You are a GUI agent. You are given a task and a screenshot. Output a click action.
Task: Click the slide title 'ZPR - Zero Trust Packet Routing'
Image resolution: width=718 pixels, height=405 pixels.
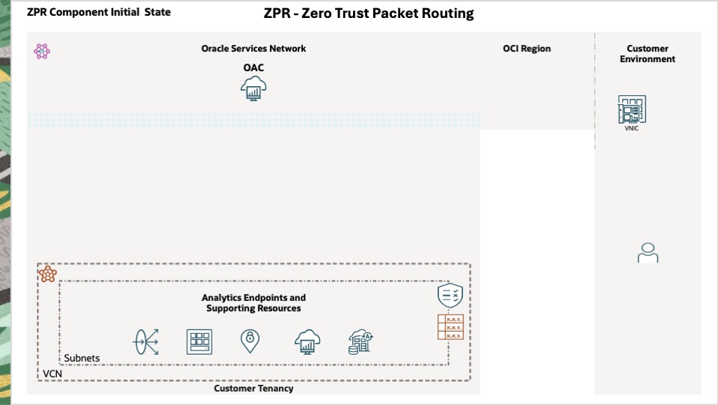tap(369, 13)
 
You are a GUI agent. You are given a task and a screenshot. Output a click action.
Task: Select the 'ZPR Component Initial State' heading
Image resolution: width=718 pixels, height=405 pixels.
tap(99, 13)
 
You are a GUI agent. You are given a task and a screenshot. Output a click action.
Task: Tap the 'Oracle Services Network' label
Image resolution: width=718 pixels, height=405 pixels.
tap(254, 49)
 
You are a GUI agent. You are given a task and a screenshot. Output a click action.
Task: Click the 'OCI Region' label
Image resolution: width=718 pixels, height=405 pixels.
tap(527, 49)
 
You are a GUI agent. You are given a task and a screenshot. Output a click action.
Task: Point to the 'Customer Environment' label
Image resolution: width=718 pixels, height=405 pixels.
tap(647, 54)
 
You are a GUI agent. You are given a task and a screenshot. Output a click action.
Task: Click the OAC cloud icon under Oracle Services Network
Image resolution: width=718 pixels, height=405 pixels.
tap(254, 90)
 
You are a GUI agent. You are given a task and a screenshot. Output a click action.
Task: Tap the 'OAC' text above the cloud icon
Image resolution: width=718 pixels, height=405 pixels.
tap(254, 68)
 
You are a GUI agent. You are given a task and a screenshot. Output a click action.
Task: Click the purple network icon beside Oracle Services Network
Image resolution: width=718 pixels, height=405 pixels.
tap(42, 52)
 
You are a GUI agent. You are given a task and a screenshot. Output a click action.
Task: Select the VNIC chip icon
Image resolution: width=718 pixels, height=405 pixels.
tap(632, 109)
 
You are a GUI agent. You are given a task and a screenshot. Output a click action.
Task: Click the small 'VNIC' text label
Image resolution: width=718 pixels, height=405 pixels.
tap(632, 128)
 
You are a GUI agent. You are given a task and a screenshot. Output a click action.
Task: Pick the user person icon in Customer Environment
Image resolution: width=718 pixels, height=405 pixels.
tap(648, 253)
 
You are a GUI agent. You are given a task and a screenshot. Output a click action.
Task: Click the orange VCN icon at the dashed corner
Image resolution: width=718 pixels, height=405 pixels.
tap(49, 274)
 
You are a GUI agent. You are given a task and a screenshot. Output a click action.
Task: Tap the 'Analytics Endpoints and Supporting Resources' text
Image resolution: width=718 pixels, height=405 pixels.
tap(254, 303)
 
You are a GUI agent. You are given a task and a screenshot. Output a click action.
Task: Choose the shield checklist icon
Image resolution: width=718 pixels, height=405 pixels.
tap(450, 296)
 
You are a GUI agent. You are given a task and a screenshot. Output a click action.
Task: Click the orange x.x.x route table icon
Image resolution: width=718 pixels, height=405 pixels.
tap(450, 327)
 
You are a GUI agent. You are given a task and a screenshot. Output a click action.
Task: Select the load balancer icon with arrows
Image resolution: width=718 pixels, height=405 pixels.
tap(146, 342)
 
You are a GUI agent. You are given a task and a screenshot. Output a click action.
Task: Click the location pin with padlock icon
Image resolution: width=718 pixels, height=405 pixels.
tap(250, 341)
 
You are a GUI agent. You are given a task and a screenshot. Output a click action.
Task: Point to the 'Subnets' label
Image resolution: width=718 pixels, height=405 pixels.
tap(82, 359)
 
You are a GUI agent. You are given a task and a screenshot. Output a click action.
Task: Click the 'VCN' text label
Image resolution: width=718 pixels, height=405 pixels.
tap(52, 373)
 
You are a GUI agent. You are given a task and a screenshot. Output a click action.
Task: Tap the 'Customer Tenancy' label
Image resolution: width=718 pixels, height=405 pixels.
tap(254, 389)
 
